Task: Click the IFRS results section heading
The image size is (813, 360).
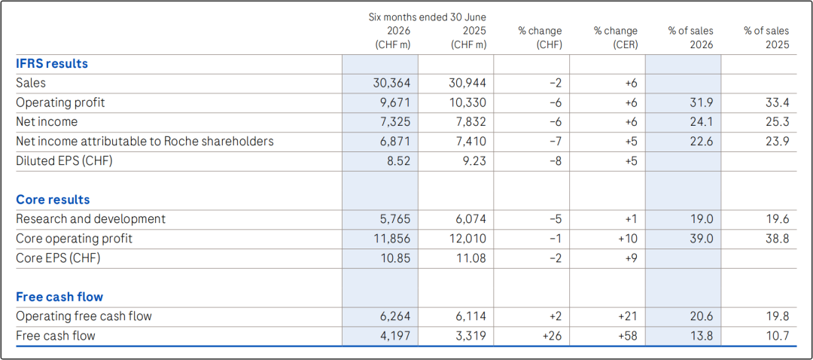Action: [52, 64]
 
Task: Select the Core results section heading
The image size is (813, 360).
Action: [53, 200]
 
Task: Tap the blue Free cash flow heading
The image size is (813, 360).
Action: [59, 297]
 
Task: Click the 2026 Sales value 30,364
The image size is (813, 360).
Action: [392, 83]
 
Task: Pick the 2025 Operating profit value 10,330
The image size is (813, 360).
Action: [467, 102]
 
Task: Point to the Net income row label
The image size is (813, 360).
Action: [47, 122]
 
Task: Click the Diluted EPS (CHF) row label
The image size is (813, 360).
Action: [64, 161]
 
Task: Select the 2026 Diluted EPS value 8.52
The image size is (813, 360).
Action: [399, 161]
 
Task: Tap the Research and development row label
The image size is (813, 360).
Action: [91, 219]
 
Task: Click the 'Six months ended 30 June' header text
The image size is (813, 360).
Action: [427, 17]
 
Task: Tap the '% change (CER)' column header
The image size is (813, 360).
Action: [616, 38]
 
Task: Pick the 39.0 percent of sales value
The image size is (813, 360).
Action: [702, 239]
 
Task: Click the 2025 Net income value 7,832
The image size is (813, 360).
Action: [470, 122]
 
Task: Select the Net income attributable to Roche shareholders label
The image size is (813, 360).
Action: [145, 141]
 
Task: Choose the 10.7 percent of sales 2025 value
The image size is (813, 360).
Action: [778, 336]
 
